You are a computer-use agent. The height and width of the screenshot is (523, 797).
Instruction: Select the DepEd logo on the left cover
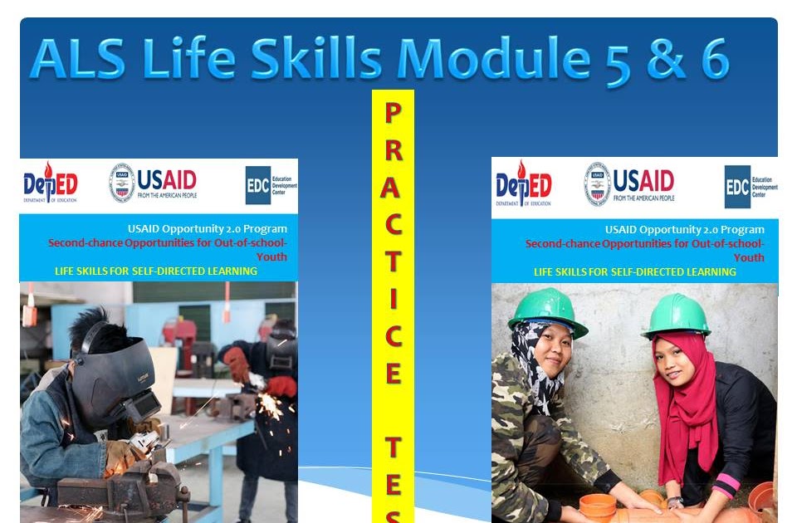(x=51, y=183)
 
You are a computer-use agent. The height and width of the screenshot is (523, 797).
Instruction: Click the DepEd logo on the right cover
(x=523, y=183)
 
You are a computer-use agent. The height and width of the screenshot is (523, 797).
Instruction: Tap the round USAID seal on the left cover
(x=121, y=183)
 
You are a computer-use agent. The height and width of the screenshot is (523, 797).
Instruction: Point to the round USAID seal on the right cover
(x=597, y=183)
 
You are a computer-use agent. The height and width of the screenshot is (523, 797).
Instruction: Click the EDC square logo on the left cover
(x=257, y=184)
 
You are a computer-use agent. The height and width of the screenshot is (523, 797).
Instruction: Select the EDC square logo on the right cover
(x=737, y=186)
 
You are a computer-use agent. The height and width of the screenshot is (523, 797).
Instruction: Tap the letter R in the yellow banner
(x=393, y=150)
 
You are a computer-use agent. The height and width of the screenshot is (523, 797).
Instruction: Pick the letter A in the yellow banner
(x=393, y=188)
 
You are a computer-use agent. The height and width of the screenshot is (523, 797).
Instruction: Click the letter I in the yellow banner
(x=393, y=299)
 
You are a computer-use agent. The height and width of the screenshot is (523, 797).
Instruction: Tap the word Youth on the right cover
(x=749, y=257)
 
